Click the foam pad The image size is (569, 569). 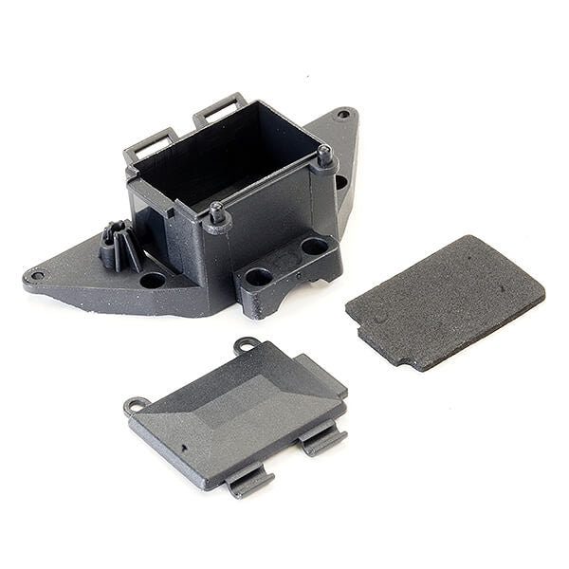pyautogui.click(x=446, y=302)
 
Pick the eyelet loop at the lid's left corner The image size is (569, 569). pyautogui.click(x=136, y=406)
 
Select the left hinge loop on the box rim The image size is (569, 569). pyautogui.click(x=151, y=143)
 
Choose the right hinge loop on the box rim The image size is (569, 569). pyautogui.click(x=220, y=110)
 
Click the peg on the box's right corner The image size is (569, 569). pyautogui.click(x=324, y=154)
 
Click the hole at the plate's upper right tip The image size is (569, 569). pyautogui.click(x=342, y=115)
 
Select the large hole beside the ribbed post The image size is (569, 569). pyautogui.click(x=152, y=280)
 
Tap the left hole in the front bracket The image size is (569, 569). pyautogui.click(x=258, y=277)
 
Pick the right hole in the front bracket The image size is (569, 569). pyautogui.click(x=314, y=247)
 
